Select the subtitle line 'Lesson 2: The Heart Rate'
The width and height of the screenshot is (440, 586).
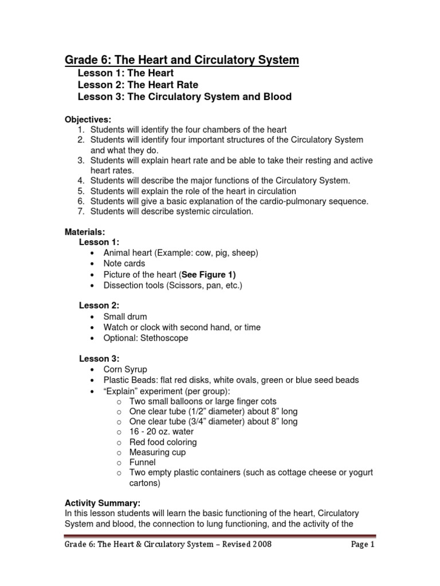(137, 85)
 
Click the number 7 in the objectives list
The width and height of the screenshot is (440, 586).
(81, 212)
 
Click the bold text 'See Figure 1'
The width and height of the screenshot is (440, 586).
(209, 274)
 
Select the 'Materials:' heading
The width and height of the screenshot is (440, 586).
(85, 232)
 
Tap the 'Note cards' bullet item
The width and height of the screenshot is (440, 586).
(124, 264)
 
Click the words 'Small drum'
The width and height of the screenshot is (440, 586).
(125, 316)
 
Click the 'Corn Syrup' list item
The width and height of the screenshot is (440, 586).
(125, 370)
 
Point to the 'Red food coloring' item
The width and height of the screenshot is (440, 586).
(163, 442)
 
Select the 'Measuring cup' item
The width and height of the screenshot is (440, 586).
(158, 452)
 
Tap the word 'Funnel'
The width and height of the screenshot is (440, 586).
(142, 462)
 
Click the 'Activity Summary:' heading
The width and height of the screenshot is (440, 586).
(102, 502)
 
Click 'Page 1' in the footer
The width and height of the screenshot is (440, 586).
(363, 544)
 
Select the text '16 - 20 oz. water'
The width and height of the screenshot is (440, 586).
(162, 431)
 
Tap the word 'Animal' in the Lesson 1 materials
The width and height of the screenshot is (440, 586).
(116, 253)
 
